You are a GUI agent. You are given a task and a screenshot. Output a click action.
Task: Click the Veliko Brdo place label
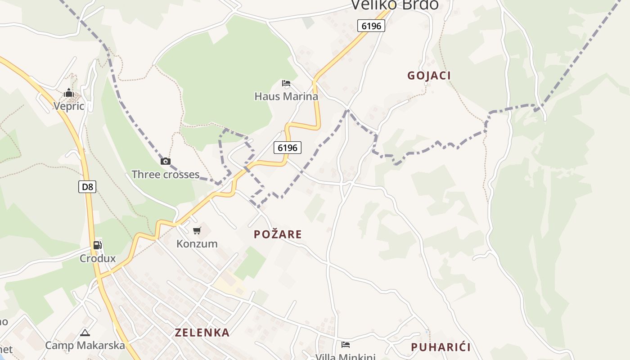pyautogui.click(x=394, y=4)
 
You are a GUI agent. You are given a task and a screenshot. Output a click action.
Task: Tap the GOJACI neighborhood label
pyautogui.click(x=429, y=76)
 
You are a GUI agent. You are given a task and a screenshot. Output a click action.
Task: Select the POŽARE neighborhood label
pyautogui.click(x=278, y=234)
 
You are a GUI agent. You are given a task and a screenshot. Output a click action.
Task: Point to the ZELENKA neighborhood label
pyautogui.click(x=202, y=333)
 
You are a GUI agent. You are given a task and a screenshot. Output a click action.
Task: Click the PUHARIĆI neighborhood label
pyautogui.click(x=441, y=347)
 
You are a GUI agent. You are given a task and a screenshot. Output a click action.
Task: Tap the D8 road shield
pyautogui.click(x=87, y=186)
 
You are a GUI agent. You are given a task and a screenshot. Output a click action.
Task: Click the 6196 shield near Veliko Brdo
pyautogui.click(x=371, y=26)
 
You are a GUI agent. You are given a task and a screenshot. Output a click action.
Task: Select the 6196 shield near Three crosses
pyautogui.click(x=288, y=147)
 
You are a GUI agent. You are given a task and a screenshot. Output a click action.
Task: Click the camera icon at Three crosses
pyautogui.click(x=166, y=161)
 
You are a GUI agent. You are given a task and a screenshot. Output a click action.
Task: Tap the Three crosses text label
pyautogui.click(x=165, y=175)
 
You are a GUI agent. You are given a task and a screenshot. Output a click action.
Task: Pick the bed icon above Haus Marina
pyautogui.click(x=286, y=83)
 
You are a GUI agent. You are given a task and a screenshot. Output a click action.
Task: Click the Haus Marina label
pyautogui.click(x=286, y=96)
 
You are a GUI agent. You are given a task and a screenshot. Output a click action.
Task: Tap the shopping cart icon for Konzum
pyautogui.click(x=197, y=231)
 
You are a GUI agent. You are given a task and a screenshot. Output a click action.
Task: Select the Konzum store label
pyautogui.click(x=197, y=244)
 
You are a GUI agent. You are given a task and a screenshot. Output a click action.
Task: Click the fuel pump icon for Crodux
pyautogui.click(x=98, y=245)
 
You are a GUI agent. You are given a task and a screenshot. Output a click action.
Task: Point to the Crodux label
pyautogui.click(x=98, y=259)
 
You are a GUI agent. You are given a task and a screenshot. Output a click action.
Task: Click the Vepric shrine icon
pyautogui.click(x=69, y=93)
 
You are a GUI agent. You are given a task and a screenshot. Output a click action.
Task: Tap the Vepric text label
pyautogui.click(x=69, y=106)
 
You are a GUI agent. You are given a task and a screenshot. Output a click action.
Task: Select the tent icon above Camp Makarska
pyautogui.click(x=85, y=333)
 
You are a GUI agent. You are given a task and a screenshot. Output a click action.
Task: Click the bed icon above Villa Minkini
pyautogui.click(x=346, y=345)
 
